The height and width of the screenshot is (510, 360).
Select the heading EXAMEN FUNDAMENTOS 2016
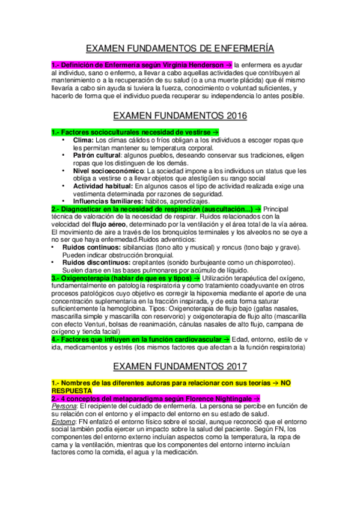tap(180, 115)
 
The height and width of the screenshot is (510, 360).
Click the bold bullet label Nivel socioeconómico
tap(105, 170)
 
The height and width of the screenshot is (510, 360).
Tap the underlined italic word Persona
tap(64, 406)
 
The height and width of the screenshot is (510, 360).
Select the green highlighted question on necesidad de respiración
tap(153, 208)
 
